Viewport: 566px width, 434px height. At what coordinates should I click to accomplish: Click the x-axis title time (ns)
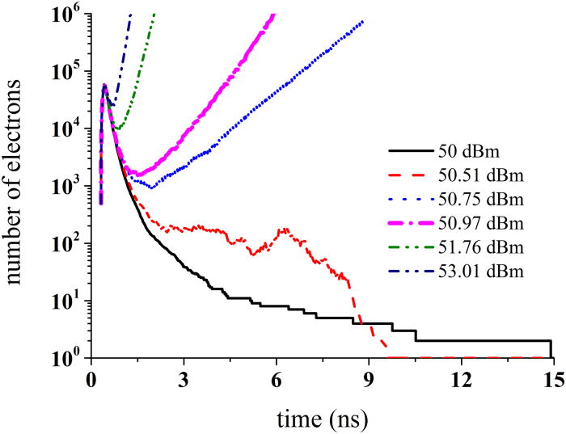322,416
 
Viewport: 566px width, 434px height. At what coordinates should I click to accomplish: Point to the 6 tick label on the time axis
276,378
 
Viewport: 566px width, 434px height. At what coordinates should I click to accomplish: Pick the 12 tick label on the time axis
461,378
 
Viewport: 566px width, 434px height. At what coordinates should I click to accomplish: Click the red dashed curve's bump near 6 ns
284,230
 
